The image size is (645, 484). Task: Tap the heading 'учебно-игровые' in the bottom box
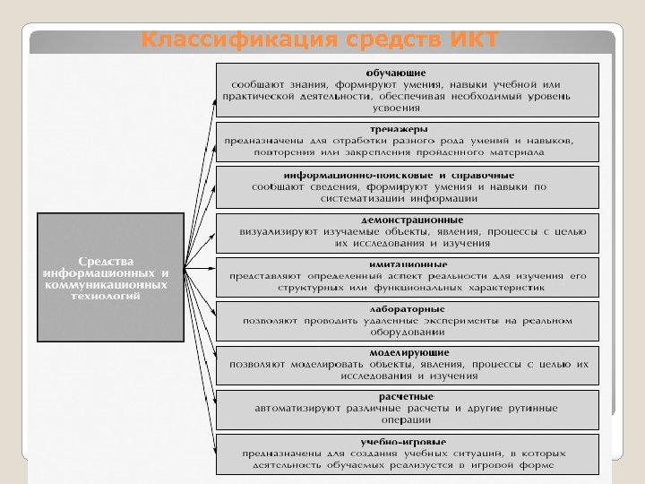(402, 442)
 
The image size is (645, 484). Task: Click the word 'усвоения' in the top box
(395, 108)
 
